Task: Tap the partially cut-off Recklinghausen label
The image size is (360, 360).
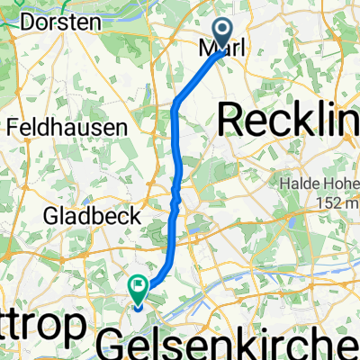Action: (288, 118)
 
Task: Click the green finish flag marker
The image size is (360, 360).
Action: (138, 289)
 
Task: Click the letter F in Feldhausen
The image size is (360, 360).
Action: (12, 128)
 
